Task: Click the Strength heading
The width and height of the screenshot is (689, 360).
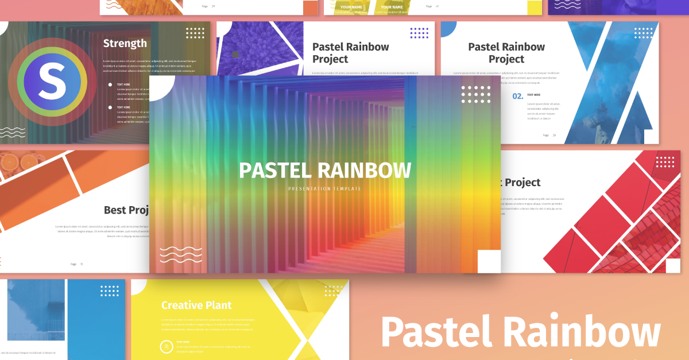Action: click(x=125, y=44)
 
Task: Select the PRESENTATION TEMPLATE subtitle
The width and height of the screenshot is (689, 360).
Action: click(x=325, y=188)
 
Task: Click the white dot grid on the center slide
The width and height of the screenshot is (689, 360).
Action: click(x=476, y=94)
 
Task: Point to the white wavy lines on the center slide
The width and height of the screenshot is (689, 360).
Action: click(x=180, y=254)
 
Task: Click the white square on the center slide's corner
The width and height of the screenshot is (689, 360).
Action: click(x=489, y=261)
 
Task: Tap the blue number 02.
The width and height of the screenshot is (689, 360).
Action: click(x=518, y=96)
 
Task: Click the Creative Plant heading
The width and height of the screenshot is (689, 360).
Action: click(x=196, y=305)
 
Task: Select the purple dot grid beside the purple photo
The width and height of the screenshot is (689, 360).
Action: click(x=419, y=33)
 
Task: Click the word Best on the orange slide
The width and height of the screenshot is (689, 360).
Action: click(x=115, y=210)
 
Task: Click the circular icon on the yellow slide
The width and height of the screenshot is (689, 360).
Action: click(x=166, y=346)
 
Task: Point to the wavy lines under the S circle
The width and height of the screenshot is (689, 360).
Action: click(x=13, y=133)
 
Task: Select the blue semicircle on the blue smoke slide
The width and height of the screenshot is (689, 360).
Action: click(x=448, y=29)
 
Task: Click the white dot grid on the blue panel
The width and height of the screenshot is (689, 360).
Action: click(x=109, y=291)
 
